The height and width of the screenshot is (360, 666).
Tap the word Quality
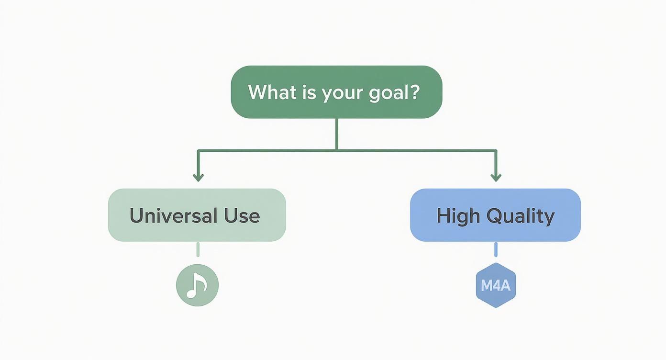coord(520,216)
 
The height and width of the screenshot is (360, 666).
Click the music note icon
coord(197,285)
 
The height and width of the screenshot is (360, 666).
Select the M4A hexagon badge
coord(496,285)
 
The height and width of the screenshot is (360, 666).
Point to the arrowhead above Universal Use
coord(198,178)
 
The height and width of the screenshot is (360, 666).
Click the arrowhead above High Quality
coord(496,178)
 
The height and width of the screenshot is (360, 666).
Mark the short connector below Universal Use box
coord(198,249)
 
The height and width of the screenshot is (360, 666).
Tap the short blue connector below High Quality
coord(496,249)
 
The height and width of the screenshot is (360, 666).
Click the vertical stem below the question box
coord(337,134)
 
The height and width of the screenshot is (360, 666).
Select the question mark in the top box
coord(415,91)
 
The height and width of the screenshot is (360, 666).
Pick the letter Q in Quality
coord(494,216)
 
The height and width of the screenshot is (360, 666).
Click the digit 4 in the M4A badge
coord(496,286)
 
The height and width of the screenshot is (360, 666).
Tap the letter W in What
coord(256,92)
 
